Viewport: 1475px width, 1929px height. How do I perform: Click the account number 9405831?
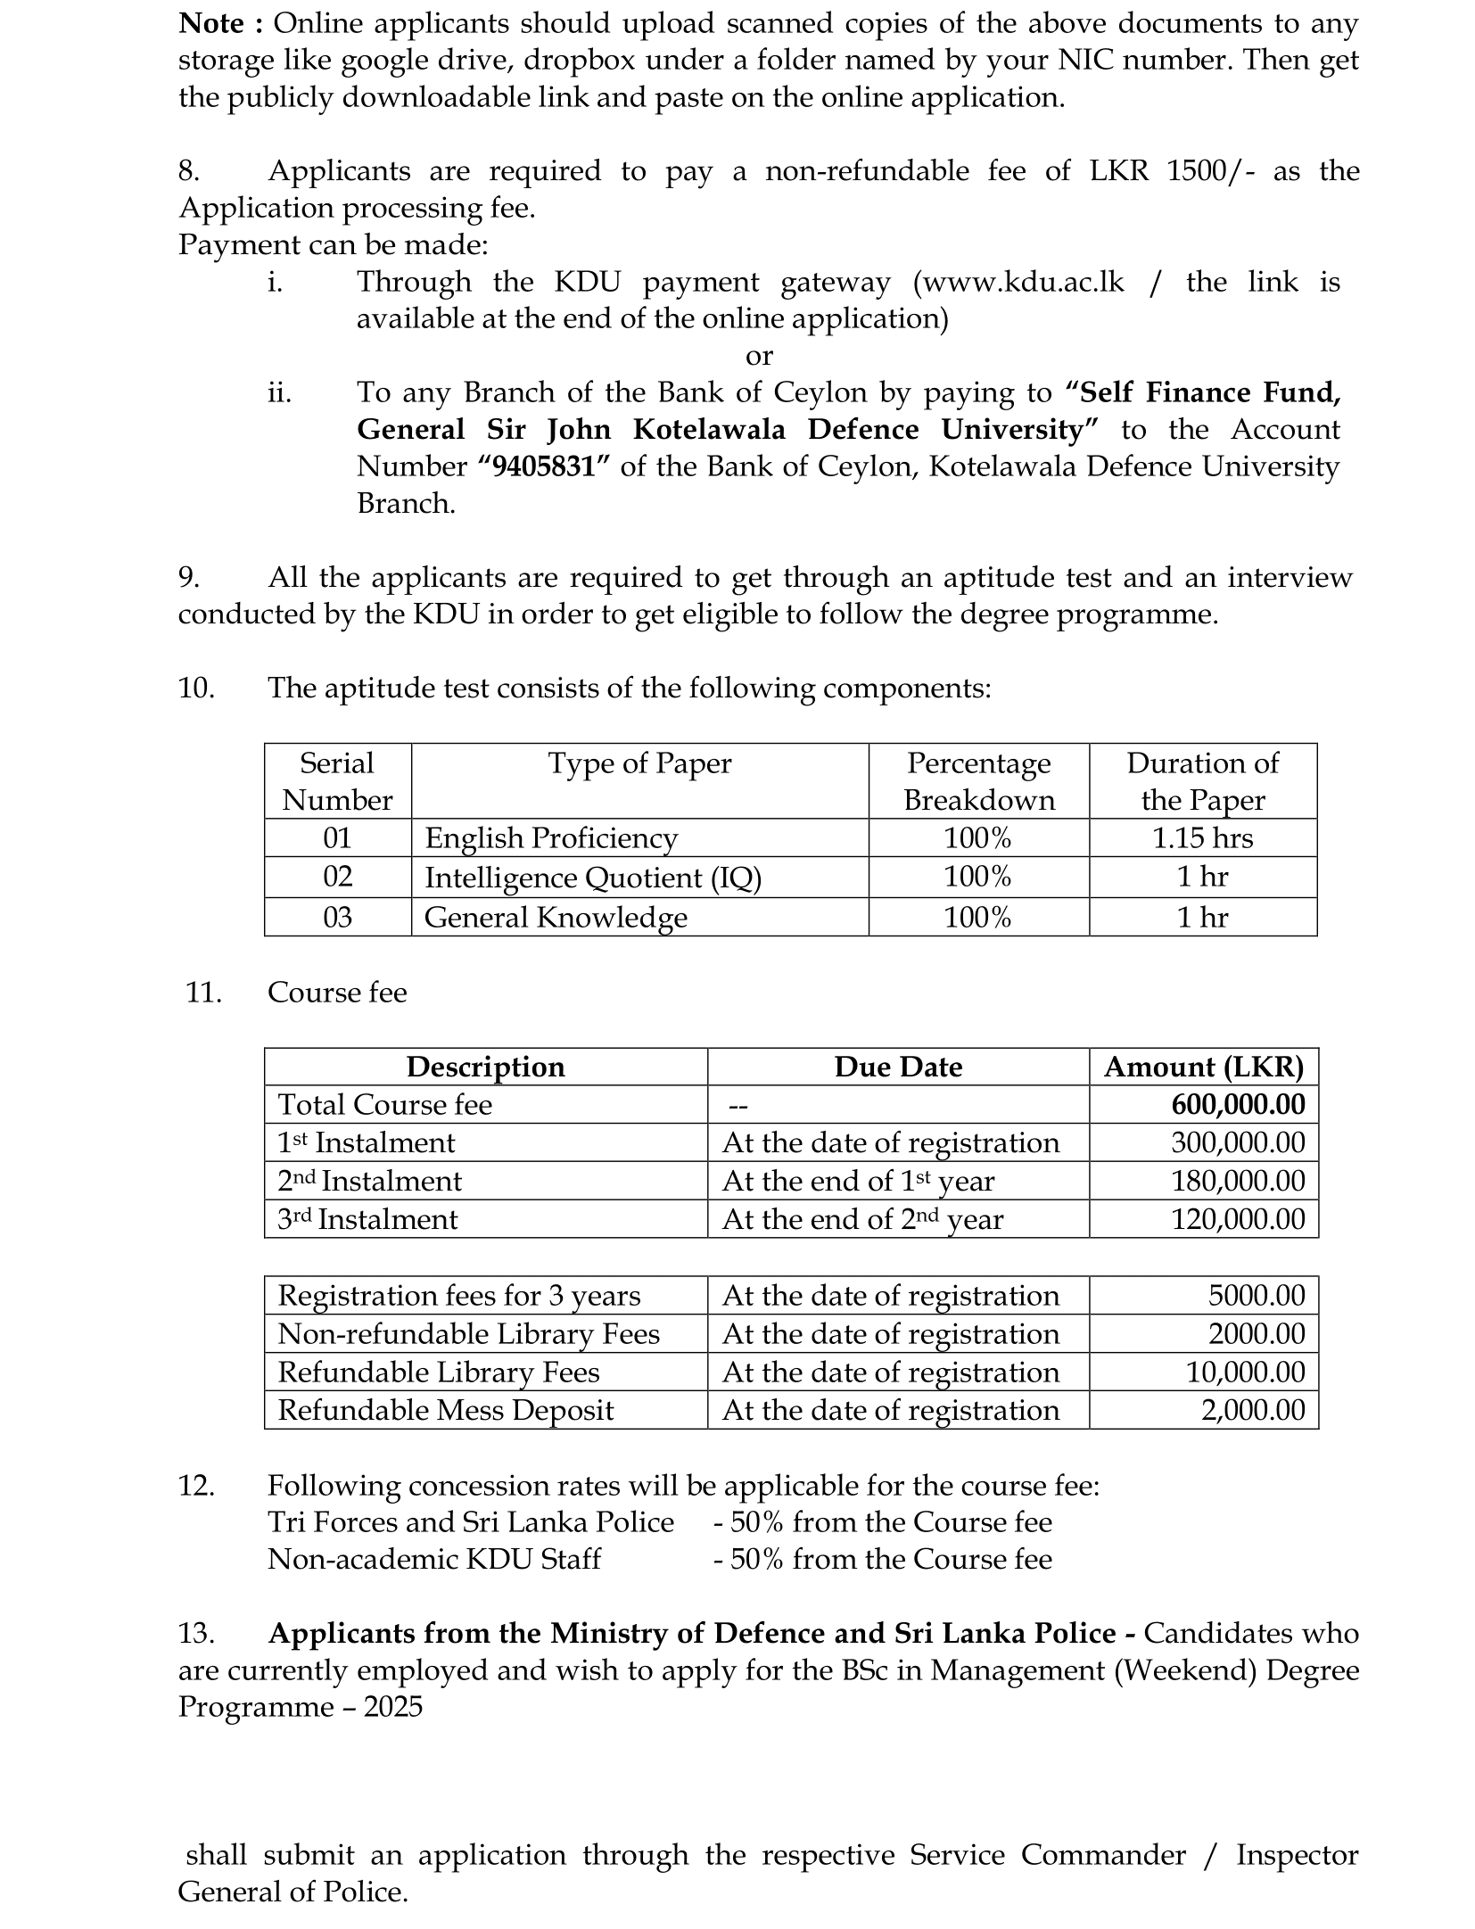543,466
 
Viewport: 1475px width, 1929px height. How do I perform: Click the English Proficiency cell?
551,838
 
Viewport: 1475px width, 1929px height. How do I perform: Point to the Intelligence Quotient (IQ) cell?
593,878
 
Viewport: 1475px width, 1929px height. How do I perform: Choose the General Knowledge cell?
556,917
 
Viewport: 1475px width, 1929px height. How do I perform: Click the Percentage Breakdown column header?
978,781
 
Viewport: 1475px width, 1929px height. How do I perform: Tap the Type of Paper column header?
639,763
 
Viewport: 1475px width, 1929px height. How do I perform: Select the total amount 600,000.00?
1238,1105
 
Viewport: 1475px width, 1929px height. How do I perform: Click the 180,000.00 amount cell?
1238,1181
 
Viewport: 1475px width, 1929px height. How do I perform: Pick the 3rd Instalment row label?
367,1219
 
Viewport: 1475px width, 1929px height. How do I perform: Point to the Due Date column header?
898,1068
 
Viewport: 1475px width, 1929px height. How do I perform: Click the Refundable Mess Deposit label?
446,1410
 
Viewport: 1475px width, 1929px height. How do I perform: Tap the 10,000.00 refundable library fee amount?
1245,1372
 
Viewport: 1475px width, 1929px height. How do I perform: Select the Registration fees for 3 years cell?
459,1296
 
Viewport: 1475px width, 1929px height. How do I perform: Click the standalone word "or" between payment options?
759,356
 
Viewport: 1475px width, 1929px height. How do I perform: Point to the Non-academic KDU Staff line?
434,1559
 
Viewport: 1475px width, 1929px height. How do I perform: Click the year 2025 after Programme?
392,1707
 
